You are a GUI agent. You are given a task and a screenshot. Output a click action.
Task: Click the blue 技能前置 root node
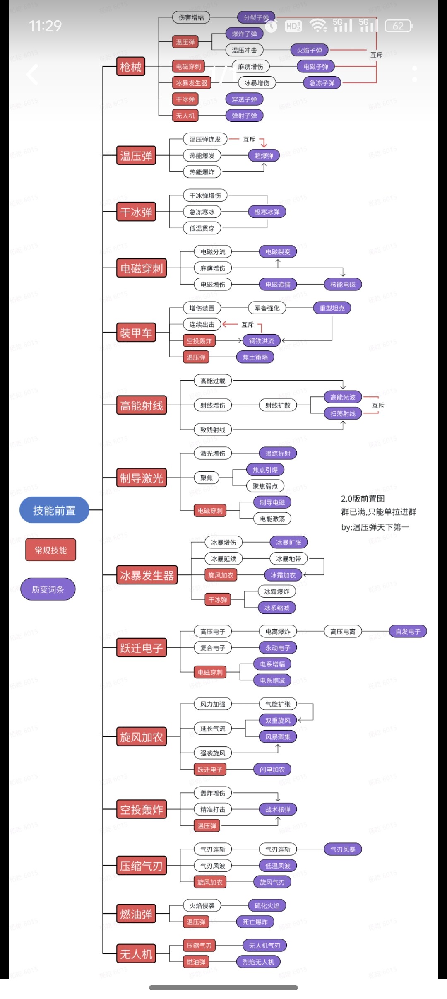pos(54,510)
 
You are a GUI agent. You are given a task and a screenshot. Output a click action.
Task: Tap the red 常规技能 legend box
pos(50,550)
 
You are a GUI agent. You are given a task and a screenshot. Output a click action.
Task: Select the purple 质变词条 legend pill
pos(48,589)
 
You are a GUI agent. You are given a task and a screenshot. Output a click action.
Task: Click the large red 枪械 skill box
pos(131,67)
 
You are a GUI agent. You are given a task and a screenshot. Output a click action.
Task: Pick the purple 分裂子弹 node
pos(256,17)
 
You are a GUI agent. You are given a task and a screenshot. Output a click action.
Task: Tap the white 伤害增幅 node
pos(191,17)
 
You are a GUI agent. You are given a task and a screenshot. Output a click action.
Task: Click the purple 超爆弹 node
pos(264,156)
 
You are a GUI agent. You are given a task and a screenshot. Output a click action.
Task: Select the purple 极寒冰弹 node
pos(267,212)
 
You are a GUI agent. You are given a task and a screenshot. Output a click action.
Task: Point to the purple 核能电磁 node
pos(343,285)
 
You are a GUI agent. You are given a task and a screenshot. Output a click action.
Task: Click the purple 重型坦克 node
pos(332,308)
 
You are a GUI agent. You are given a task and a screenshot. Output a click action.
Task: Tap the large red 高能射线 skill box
pos(142,405)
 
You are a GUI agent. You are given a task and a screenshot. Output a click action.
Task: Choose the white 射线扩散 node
pos(278,405)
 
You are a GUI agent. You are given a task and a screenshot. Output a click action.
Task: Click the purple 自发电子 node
pos(408,632)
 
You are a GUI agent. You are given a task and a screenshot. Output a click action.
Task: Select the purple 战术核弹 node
pos(278,809)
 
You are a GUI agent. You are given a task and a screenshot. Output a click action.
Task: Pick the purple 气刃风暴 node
pos(343,849)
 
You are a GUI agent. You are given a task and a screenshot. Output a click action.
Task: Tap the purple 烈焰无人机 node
pos(258,962)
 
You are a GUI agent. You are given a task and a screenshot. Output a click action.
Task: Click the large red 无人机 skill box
pos(136,954)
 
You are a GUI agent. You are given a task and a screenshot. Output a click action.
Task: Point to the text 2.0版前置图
pos(363,499)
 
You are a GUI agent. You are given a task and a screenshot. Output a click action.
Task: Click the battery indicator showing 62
pos(398,26)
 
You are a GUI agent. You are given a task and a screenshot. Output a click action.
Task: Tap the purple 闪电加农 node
pos(272,770)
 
